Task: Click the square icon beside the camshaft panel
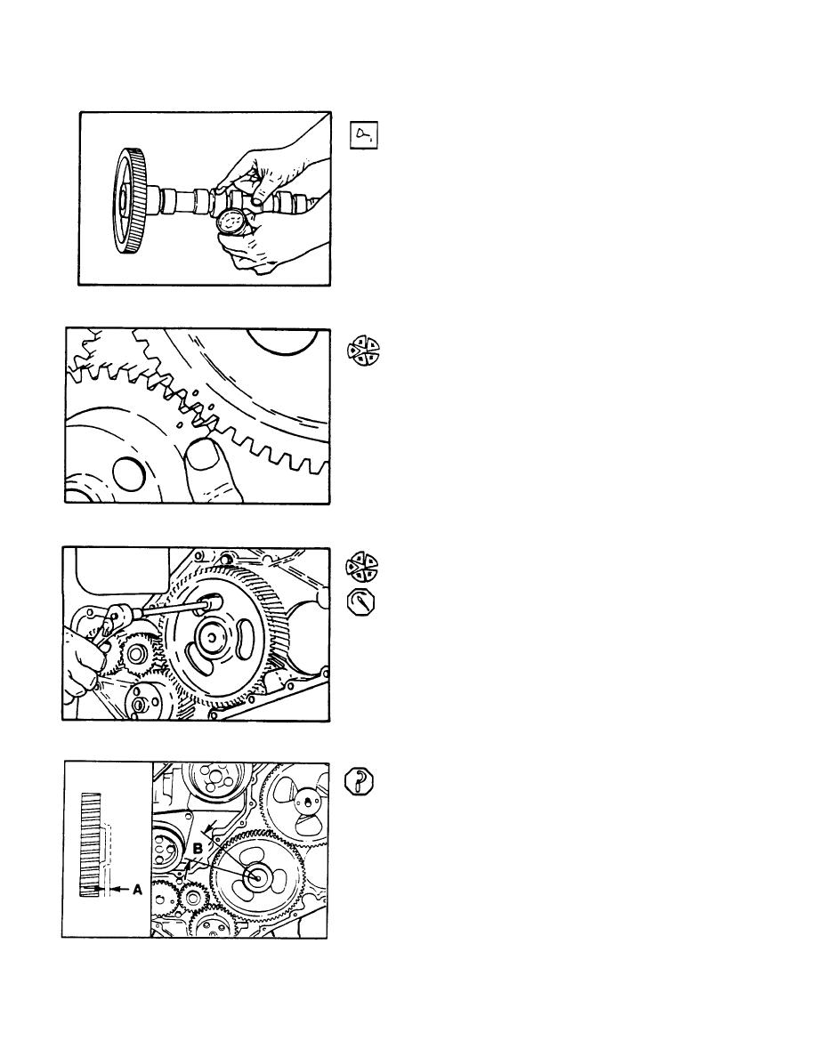point(364,135)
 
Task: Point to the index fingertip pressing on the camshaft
point(257,200)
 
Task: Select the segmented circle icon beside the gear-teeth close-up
point(362,351)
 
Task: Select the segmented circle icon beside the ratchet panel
point(362,566)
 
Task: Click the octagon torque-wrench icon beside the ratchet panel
point(360,602)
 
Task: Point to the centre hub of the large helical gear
point(211,636)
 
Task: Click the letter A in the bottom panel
point(137,890)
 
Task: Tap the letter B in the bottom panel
point(198,849)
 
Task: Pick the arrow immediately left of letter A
point(119,890)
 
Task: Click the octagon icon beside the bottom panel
point(359,782)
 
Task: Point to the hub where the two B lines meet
point(257,876)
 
